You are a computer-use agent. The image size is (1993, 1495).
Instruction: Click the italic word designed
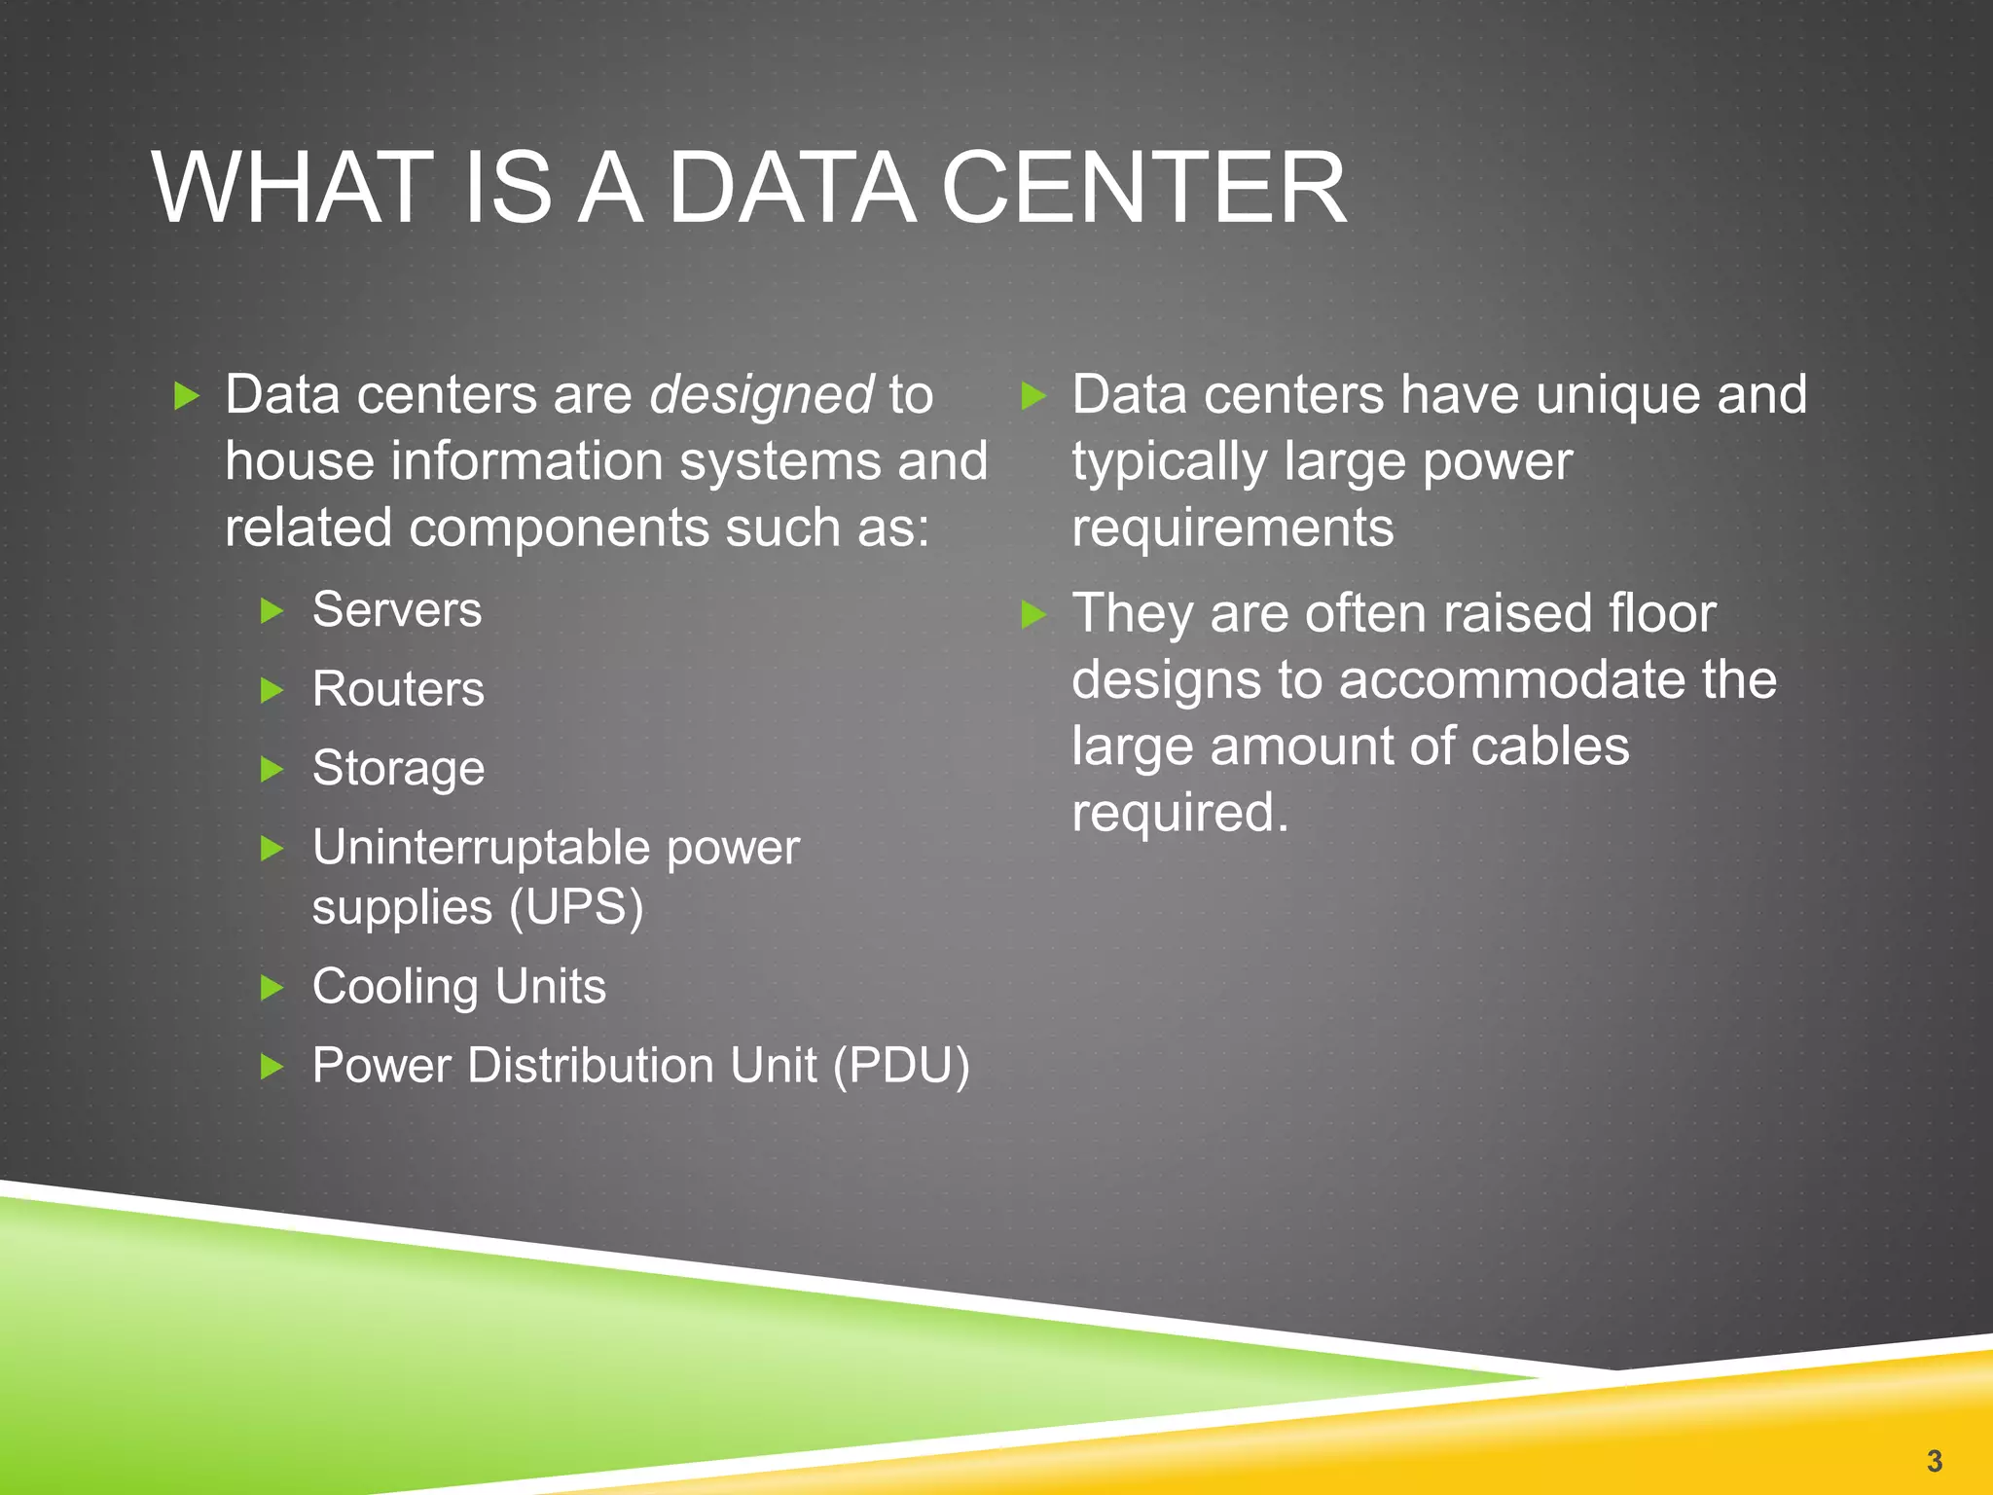coord(761,395)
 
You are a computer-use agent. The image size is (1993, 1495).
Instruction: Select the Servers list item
coord(397,611)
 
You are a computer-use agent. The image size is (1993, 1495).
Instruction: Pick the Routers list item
coord(398,690)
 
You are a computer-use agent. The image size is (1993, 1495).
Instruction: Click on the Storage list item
coord(398,769)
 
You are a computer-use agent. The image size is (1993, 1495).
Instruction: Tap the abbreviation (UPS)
coord(576,908)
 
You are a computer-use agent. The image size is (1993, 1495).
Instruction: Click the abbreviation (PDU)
coord(901,1066)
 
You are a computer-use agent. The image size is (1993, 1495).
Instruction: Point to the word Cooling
coord(395,987)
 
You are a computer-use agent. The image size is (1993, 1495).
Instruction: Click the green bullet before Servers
coord(272,612)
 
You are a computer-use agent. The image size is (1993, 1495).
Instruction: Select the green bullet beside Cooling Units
coord(272,989)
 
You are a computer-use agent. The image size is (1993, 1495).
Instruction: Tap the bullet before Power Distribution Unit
coord(272,1068)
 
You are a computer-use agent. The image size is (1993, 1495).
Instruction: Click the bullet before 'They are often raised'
coord(1033,615)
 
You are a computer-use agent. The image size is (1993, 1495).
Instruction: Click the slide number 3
coord(1934,1460)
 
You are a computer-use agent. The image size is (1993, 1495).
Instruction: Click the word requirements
coord(1232,529)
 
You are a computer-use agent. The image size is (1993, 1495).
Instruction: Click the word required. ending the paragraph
coord(1179,813)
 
